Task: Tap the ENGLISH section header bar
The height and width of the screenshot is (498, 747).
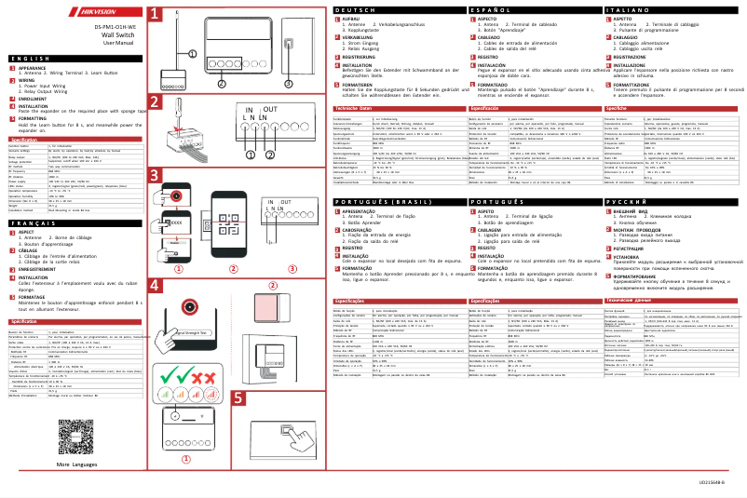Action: coord(70,59)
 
